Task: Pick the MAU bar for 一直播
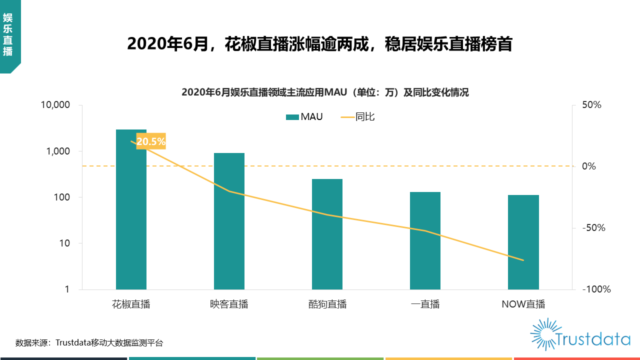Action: [425, 240]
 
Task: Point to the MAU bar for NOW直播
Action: [523, 242]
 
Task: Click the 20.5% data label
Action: [150, 141]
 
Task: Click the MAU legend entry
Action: [304, 117]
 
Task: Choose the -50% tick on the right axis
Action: [593, 228]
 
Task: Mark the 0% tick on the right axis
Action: [589, 166]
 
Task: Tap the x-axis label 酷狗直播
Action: [327, 304]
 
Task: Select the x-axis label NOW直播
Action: [523, 304]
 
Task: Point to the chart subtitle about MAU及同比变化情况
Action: [325, 92]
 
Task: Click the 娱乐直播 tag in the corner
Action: [7, 35]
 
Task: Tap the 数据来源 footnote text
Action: [89, 343]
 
